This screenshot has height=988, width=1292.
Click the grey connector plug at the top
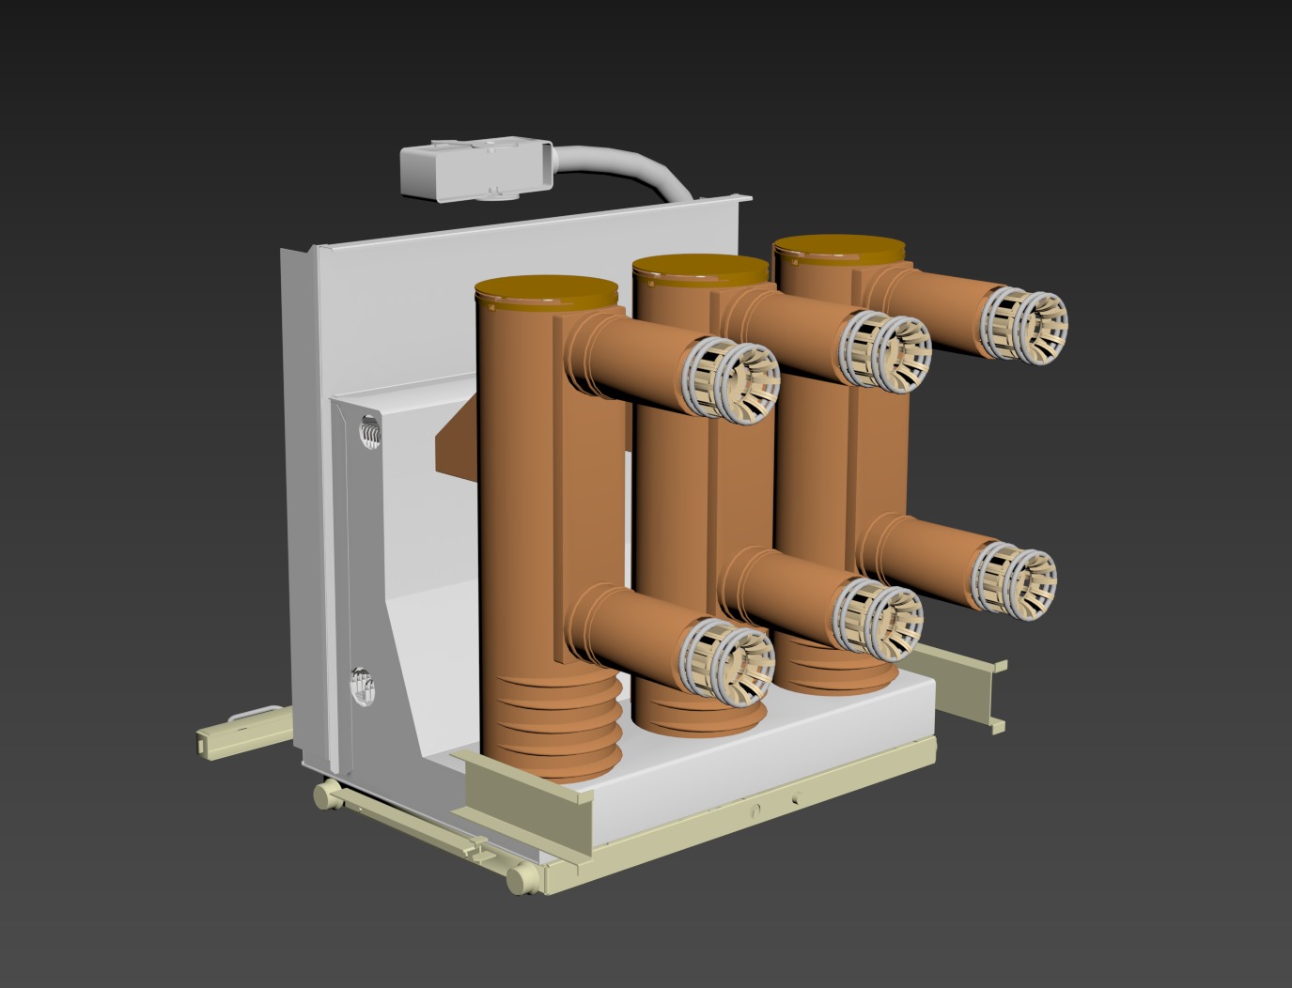point(475,169)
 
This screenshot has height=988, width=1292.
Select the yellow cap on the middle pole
point(700,270)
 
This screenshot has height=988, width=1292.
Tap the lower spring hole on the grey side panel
point(361,686)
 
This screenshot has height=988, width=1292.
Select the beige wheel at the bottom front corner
point(519,880)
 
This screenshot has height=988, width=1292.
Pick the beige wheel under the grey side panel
point(326,795)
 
